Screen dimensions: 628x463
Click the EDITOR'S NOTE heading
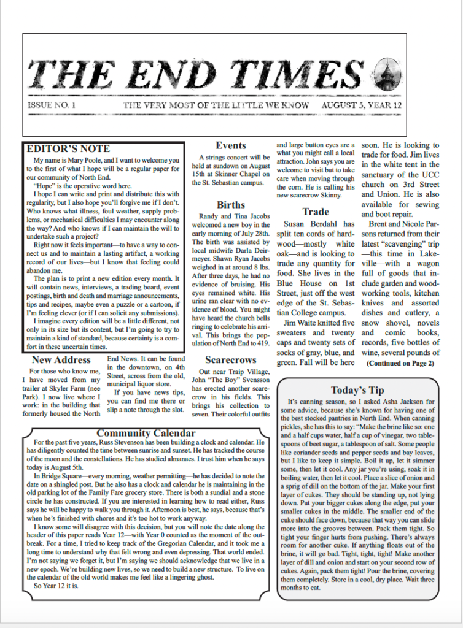coord(69,149)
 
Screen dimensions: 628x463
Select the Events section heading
coord(231,146)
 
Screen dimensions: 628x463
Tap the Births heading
coord(231,205)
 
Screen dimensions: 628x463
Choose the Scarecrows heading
coord(230,360)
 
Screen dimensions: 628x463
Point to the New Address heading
coord(61,360)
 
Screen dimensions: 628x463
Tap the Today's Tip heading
coord(357,390)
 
